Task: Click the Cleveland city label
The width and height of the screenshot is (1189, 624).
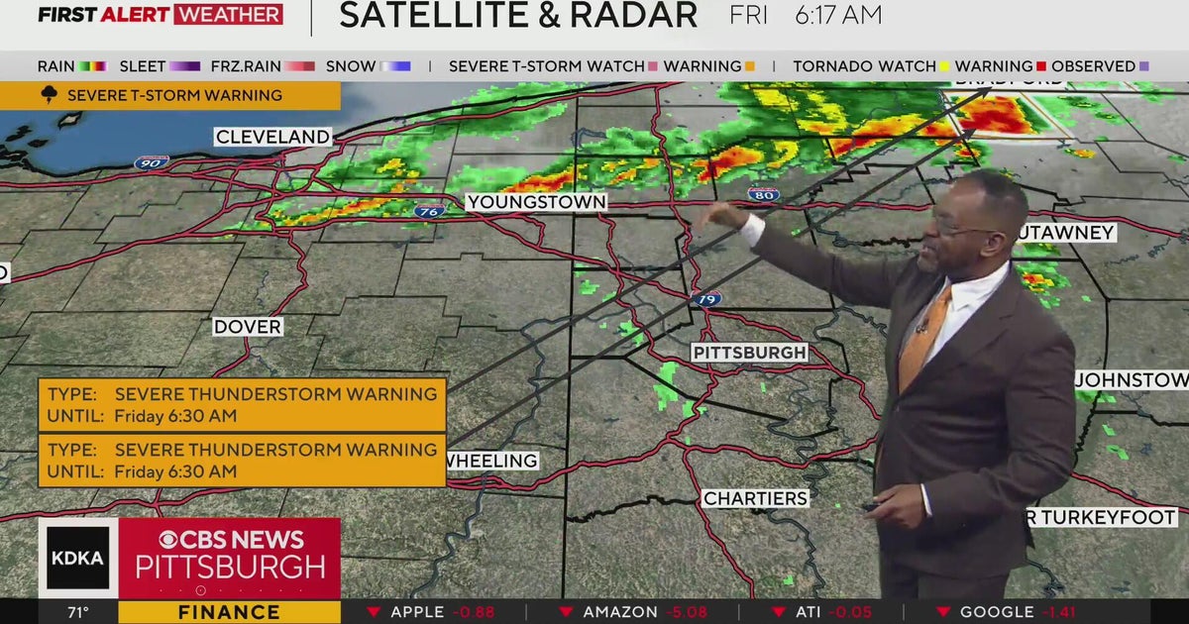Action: tap(272, 137)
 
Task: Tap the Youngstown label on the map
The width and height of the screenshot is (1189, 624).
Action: tap(536, 202)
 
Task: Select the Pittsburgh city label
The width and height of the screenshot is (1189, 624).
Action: tap(749, 353)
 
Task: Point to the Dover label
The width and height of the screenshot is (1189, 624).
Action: tap(248, 327)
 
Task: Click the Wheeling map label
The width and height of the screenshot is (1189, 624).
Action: tap(491, 461)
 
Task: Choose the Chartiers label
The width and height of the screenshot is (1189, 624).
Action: tap(755, 498)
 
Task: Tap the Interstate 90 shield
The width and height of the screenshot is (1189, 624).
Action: tap(152, 161)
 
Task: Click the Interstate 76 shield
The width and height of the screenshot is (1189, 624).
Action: tap(431, 210)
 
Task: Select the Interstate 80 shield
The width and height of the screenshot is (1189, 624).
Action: tap(763, 194)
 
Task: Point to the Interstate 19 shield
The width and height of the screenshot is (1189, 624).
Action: tap(707, 298)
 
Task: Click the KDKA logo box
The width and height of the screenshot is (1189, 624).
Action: tap(77, 558)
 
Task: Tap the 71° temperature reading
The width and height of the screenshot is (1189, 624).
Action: tap(78, 612)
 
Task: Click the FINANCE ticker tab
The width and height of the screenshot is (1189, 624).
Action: tap(229, 612)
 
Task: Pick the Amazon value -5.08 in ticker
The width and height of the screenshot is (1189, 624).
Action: tap(691, 612)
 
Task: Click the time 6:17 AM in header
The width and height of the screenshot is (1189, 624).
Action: tap(837, 16)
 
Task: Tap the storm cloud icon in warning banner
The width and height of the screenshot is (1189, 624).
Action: tap(49, 95)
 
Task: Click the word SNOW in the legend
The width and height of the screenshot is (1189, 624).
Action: tap(351, 66)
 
